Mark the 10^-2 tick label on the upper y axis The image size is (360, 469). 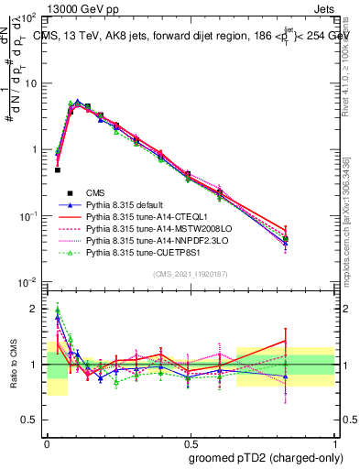click(x=30, y=281)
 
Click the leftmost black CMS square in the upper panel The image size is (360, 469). click(x=57, y=169)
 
